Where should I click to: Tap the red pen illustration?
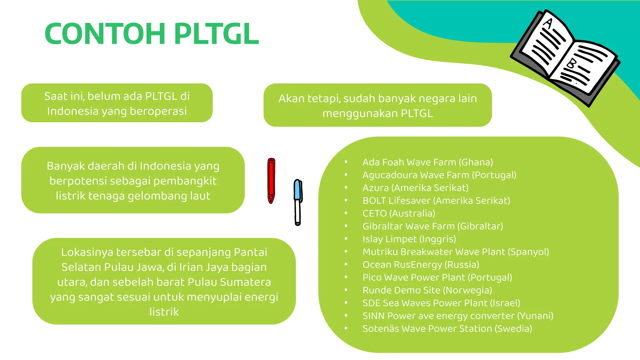point(271,181)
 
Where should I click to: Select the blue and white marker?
point(298,202)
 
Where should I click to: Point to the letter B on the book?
point(572,63)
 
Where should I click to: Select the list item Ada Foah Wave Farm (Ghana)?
point(427,162)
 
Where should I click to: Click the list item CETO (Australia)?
point(399,213)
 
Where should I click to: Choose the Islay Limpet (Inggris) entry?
point(409,239)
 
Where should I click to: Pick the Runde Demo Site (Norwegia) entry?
point(427,290)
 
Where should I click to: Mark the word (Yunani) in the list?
point(535,316)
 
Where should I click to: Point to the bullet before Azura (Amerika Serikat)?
point(346,187)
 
